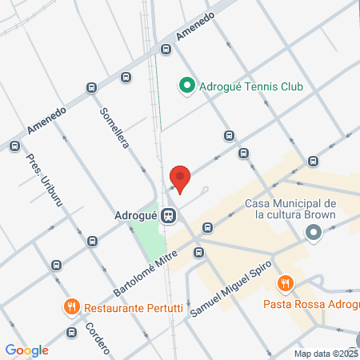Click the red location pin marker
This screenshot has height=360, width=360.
tap(180, 178)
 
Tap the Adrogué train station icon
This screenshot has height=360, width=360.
tap(168, 216)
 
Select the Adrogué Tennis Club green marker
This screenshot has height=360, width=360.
tap(186, 85)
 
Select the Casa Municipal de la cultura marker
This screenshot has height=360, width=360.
tap(313, 234)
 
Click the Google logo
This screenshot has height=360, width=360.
tap(26, 350)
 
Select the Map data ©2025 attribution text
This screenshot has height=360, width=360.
tap(326, 354)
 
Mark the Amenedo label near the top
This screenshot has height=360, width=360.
tap(196, 27)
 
